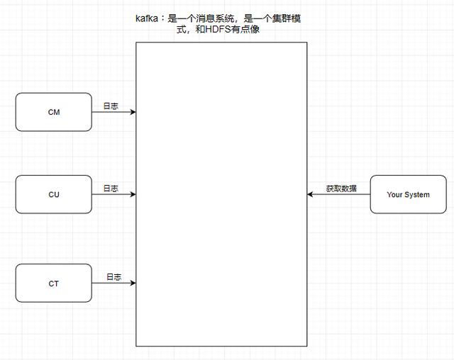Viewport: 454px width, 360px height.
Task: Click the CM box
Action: coord(54,112)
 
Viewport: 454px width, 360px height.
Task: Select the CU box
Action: coord(54,194)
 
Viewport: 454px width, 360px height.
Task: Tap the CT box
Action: coord(54,283)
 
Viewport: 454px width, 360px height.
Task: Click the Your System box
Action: coord(409,194)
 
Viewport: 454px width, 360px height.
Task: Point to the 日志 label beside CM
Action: coord(111,106)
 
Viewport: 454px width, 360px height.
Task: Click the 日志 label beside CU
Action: coord(111,189)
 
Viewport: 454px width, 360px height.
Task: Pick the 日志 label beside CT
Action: coord(113,277)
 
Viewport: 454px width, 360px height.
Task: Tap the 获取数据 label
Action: coord(341,189)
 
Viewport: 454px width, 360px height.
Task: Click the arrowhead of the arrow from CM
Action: coord(133,112)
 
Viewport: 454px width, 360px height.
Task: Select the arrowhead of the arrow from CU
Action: coord(133,194)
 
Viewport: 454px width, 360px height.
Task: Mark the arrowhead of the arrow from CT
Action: coord(133,283)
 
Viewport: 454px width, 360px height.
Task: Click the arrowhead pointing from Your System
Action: coord(310,194)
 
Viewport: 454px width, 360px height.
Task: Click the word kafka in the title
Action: coord(147,18)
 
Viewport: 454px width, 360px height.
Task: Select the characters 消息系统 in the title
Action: coord(214,18)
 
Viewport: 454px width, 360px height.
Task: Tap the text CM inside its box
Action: coord(54,112)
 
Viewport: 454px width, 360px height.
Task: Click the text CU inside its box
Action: coord(54,195)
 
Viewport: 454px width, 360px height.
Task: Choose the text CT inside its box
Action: coord(54,283)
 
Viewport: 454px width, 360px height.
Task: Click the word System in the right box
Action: coord(417,195)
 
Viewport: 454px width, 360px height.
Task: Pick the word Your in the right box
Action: coord(395,195)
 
